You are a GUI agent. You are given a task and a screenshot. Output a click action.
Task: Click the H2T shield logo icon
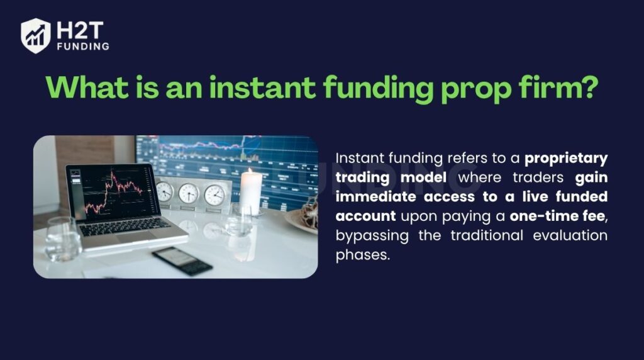pyautogui.click(x=35, y=35)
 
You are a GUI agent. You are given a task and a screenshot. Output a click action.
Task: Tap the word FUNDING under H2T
pyautogui.click(x=82, y=47)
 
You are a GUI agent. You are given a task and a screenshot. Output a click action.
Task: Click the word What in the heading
pyautogui.click(x=86, y=88)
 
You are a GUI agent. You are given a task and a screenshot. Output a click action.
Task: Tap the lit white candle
pyautogui.click(x=251, y=191)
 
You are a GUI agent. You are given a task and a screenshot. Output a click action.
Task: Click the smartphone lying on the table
pyautogui.click(x=182, y=260)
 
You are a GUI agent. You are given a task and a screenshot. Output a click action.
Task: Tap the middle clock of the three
pyautogui.click(x=189, y=193)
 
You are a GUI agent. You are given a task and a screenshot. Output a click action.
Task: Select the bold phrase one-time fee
pyautogui.click(x=565, y=217)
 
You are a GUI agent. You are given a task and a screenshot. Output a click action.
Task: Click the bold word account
pyautogui.click(x=365, y=217)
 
